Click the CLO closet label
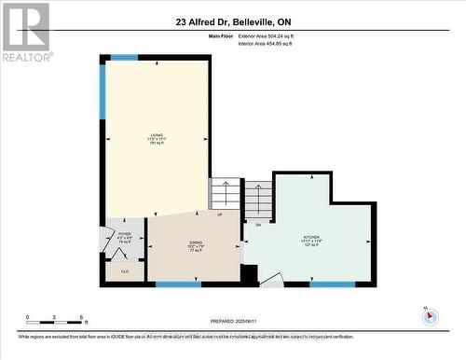(124, 271)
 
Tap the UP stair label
(219, 215)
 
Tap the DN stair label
(257, 225)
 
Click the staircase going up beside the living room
(224, 195)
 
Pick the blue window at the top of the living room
(124, 58)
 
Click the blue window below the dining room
(178, 284)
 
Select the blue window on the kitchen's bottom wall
(332, 284)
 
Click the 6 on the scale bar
(83, 317)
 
